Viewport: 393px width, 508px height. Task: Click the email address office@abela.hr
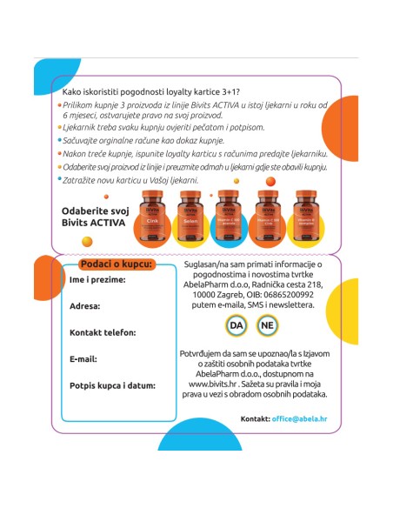click(x=299, y=418)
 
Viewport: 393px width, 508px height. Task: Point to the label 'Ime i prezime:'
click(x=97, y=279)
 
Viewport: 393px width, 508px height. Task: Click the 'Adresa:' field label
click(x=85, y=305)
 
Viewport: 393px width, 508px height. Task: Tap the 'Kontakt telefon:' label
click(x=103, y=332)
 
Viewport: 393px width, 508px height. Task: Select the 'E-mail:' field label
click(x=83, y=358)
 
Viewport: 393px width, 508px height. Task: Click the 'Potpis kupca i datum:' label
click(x=112, y=384)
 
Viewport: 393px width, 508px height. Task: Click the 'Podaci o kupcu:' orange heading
click(x=116, y=264)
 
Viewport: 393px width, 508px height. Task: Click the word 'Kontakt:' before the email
click(x=255, y=418)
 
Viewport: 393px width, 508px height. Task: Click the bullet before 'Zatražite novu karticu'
click(x=61, y=178)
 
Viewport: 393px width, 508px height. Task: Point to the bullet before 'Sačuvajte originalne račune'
click(x=61, y=138)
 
